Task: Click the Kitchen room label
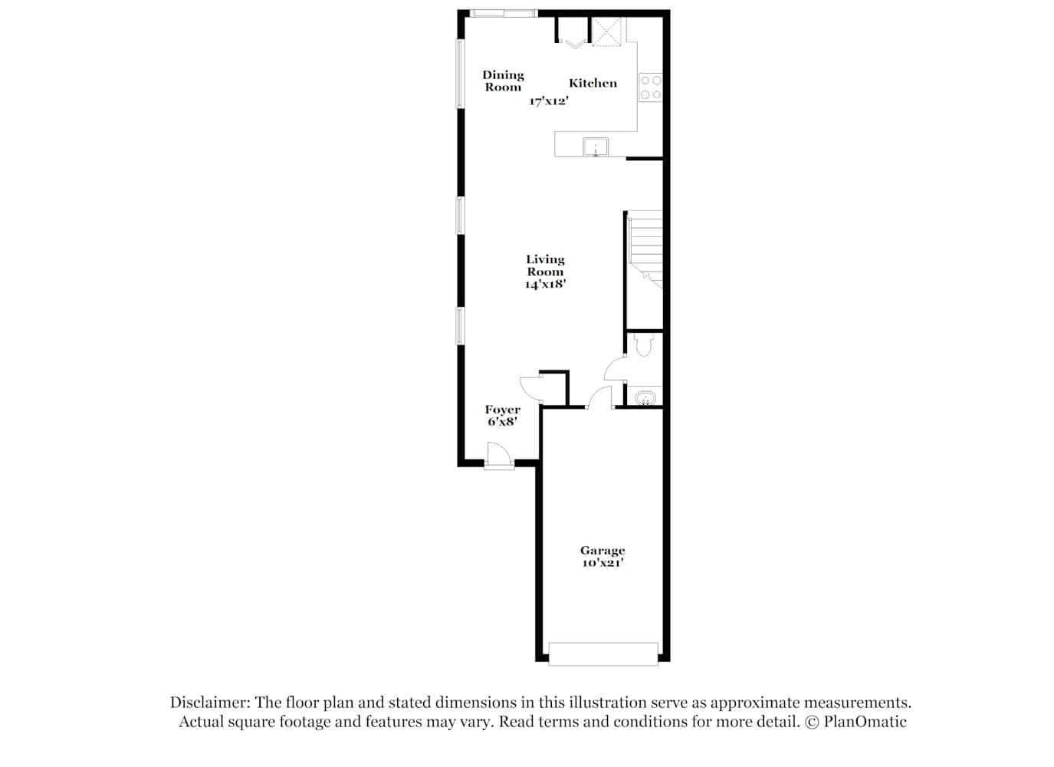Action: [593, 84]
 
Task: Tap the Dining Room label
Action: [503, 81]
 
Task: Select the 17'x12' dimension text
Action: [549, 101]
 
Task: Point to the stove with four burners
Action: [651, 87]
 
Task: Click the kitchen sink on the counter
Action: [596, 147]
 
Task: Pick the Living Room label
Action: [545, 265]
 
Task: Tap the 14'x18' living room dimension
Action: [545, 285]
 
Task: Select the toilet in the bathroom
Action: [643, 344]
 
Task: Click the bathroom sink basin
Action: [645, 398]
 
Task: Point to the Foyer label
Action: [503, 410]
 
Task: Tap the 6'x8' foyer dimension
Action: [503, 422]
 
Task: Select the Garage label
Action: [603, 551]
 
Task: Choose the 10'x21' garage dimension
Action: [603, 563]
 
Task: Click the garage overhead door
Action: [603, 654]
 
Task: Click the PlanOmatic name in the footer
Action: [865, 722]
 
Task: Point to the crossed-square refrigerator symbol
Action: [606, 32]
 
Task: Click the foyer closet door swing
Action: [530, 388]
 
